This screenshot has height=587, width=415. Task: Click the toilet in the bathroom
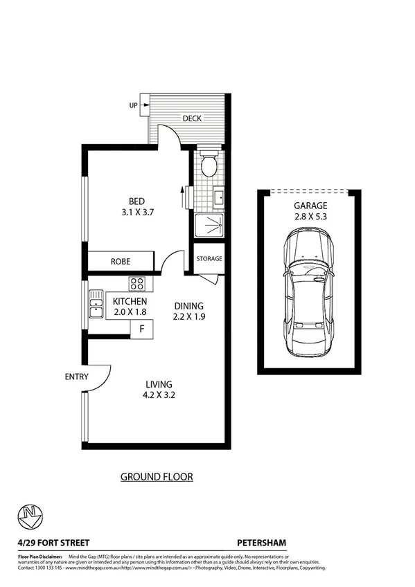tap(209, 164)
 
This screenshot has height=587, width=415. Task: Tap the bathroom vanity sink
tap(218, 198)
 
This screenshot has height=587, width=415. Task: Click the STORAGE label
tap(209, 259)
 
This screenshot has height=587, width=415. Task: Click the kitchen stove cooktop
tap(136, 283)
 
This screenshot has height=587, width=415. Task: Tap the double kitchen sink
tap(95, 302)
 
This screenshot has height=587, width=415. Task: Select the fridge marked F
tap(142, 328)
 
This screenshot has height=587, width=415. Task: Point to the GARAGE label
tap(310, 206)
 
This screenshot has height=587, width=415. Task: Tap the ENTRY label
tap(76, 377)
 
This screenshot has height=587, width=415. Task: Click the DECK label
tap(192, 118)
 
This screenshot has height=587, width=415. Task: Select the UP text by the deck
tap(132, 106)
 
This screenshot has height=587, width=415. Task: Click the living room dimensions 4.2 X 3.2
tap(159, 397)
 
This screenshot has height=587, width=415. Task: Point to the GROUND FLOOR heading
tap(157, 476)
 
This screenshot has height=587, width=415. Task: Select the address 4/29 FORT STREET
tap(53, 543)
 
